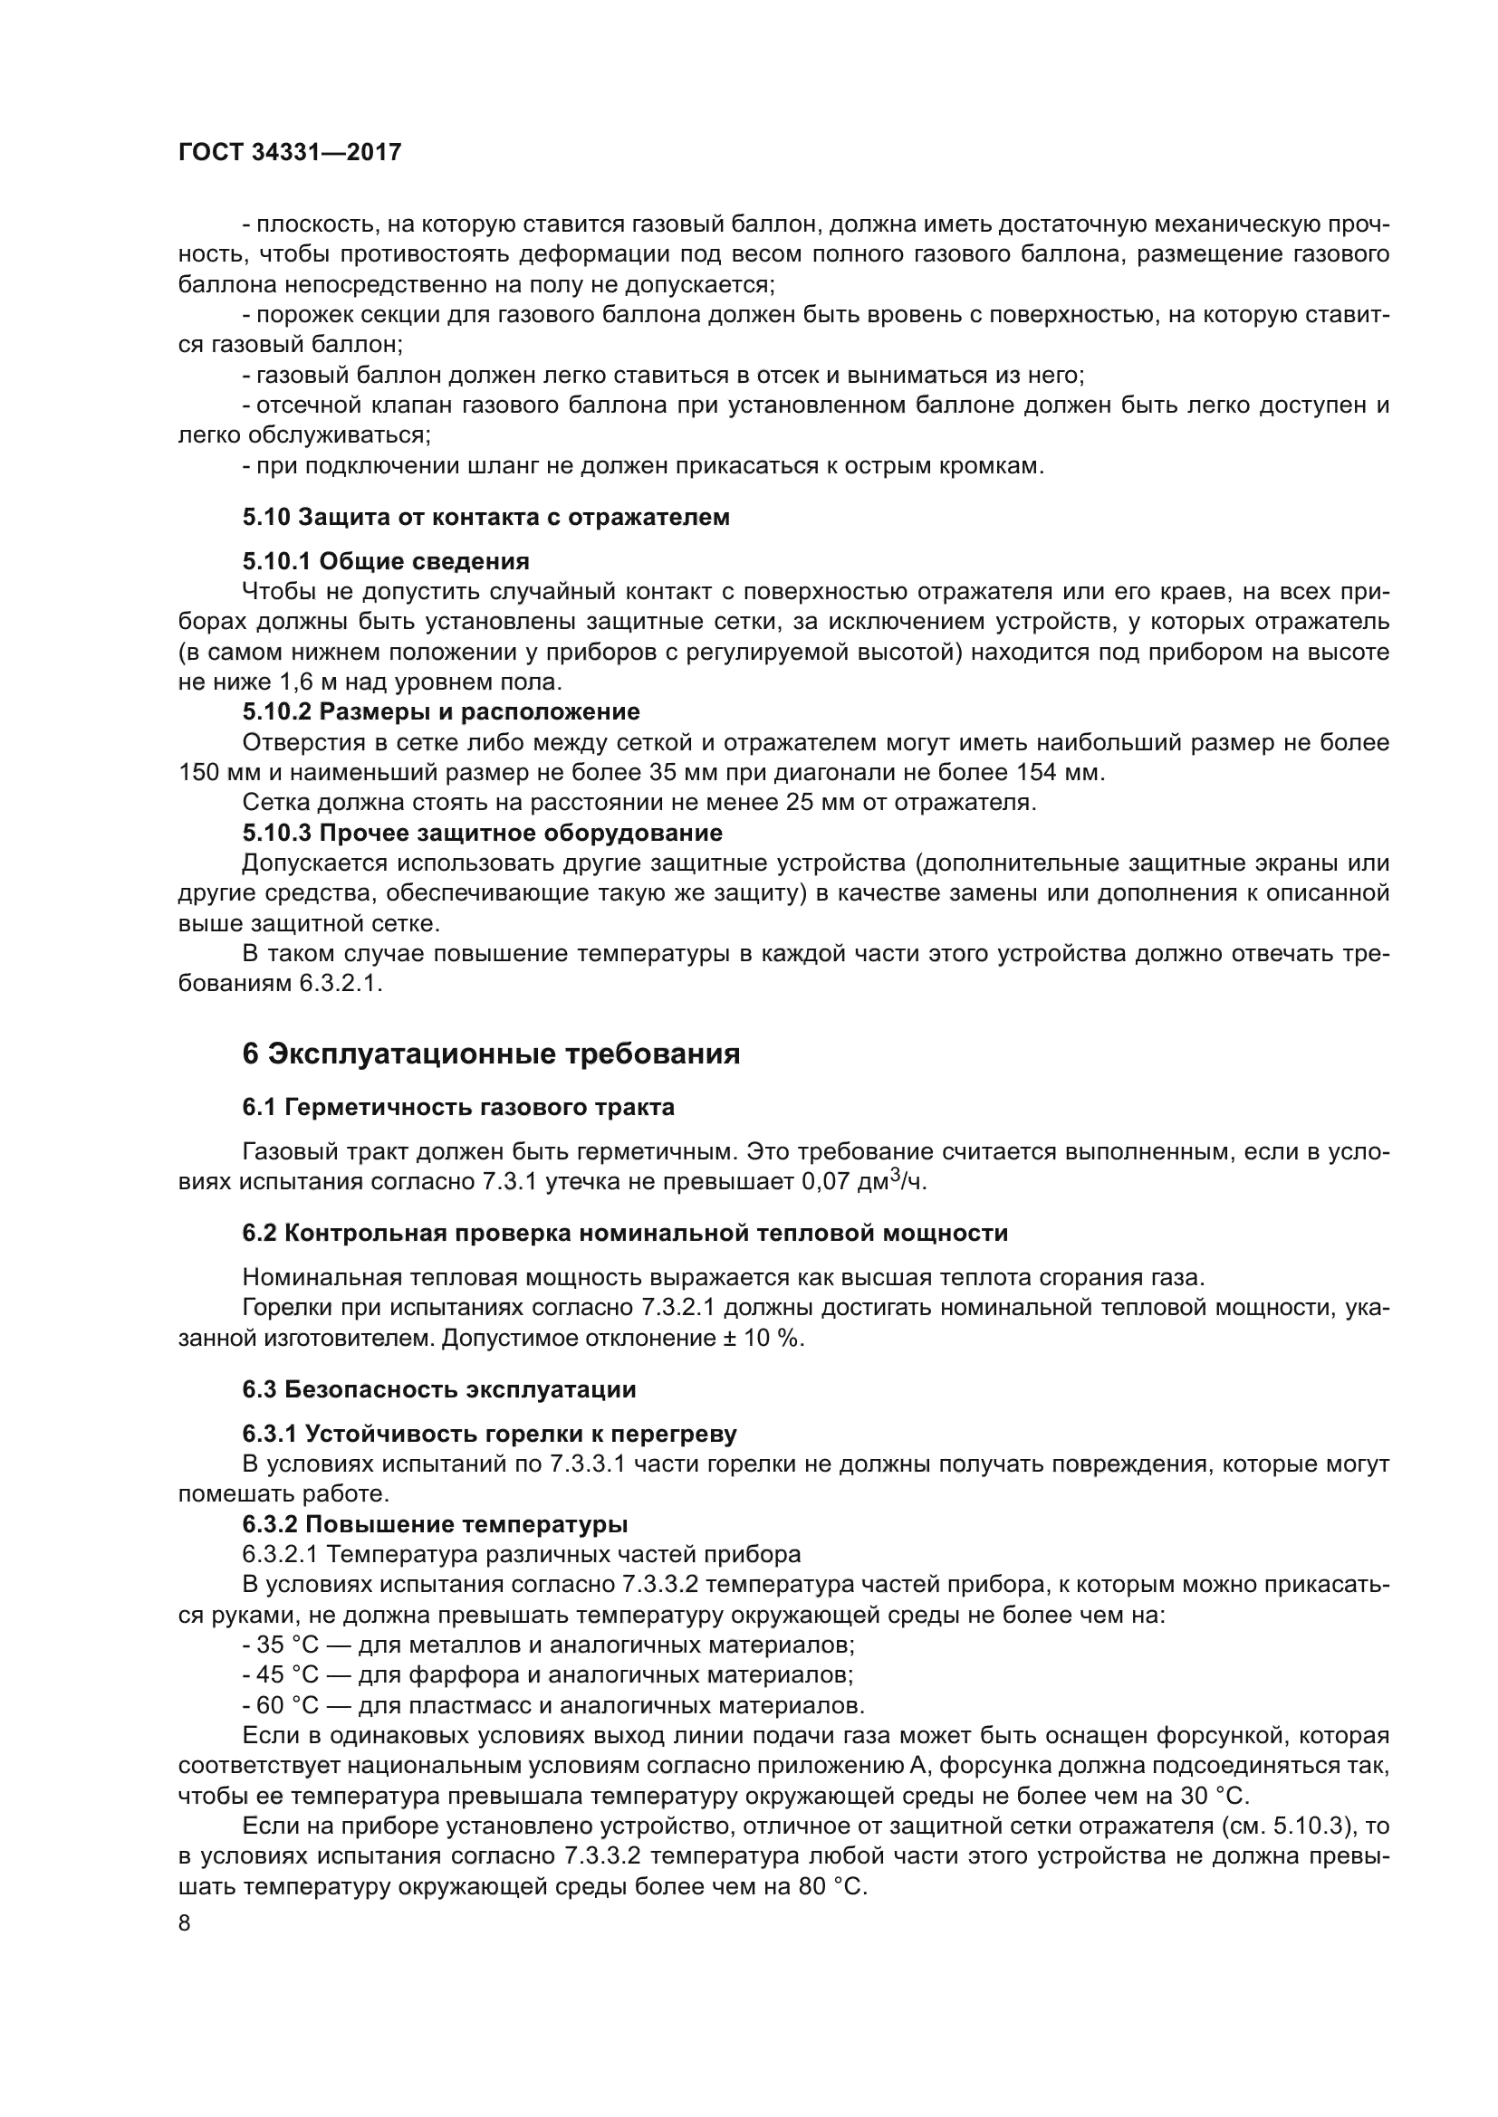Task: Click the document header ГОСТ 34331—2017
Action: pyautogui.click(x=290, y=153)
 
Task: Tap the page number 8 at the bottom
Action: pyautogui.click(x=185, y=1924)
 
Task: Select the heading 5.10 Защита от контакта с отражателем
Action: pyautogui.click(x=486, y=518)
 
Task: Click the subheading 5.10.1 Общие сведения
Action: pyautogui.click(x=386, y=561)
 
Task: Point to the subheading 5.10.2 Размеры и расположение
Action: pyautogui.click(x=441, y=711)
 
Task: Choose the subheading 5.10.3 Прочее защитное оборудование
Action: pyautogui.click(x=483, y=834)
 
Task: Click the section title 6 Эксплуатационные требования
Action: pyautogui.click(x=491, y=1054)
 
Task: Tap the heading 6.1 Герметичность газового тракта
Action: pyautogui.click(x=458, y=1107)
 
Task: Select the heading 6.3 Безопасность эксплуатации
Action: pyautogui.click(x=439, y=1389)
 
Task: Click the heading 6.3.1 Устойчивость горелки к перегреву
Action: pyautogui.click(x=490, y=1434)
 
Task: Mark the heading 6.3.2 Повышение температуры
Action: pyautogui.click(x=435, y=1524)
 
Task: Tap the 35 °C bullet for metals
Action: pyautogui.click(x=287, y=1645)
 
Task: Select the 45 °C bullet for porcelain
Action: pyautogui.click(x=287, y=1675)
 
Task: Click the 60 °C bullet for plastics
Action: pyautogui.click(x=287, y=1706)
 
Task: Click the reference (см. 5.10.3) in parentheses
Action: pyautogui.click(x=1283, y=1826)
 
